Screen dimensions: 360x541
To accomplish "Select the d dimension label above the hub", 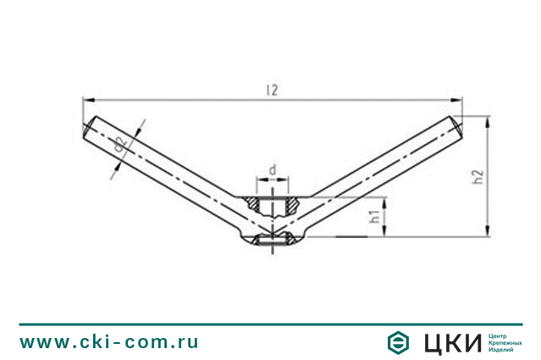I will [x=272, y=170].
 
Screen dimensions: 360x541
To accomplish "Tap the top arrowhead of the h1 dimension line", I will [x=384, y=200].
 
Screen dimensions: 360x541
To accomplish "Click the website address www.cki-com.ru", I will [x=109, y=341].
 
